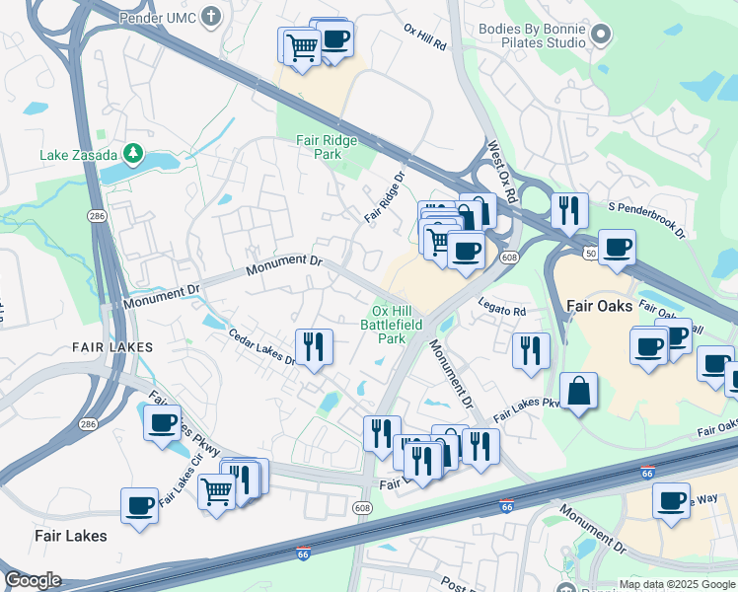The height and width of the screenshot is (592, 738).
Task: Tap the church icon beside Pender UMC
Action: [x=211, y=16]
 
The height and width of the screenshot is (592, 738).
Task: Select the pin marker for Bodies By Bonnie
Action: [x=601, y=37]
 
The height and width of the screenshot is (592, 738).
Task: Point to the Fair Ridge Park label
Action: [x=326, y=147]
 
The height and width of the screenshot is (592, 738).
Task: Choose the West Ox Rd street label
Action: [x=502, y=172]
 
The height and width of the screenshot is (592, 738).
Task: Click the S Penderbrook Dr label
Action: [x=646, y=220]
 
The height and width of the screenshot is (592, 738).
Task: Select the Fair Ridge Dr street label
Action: [x=385, y=198]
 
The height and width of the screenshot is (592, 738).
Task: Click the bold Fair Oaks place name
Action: [x=599, y=306]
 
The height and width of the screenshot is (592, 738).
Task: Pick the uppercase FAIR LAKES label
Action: [x=112, y=347]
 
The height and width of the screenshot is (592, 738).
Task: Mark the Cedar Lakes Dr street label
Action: [x=262, y=346]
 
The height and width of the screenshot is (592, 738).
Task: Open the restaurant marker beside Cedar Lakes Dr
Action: [x=314, y=346]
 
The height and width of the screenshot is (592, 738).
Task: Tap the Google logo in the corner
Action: [x=33, y=581]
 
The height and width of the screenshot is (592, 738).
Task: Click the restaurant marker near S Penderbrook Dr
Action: [x=569, y=209]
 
